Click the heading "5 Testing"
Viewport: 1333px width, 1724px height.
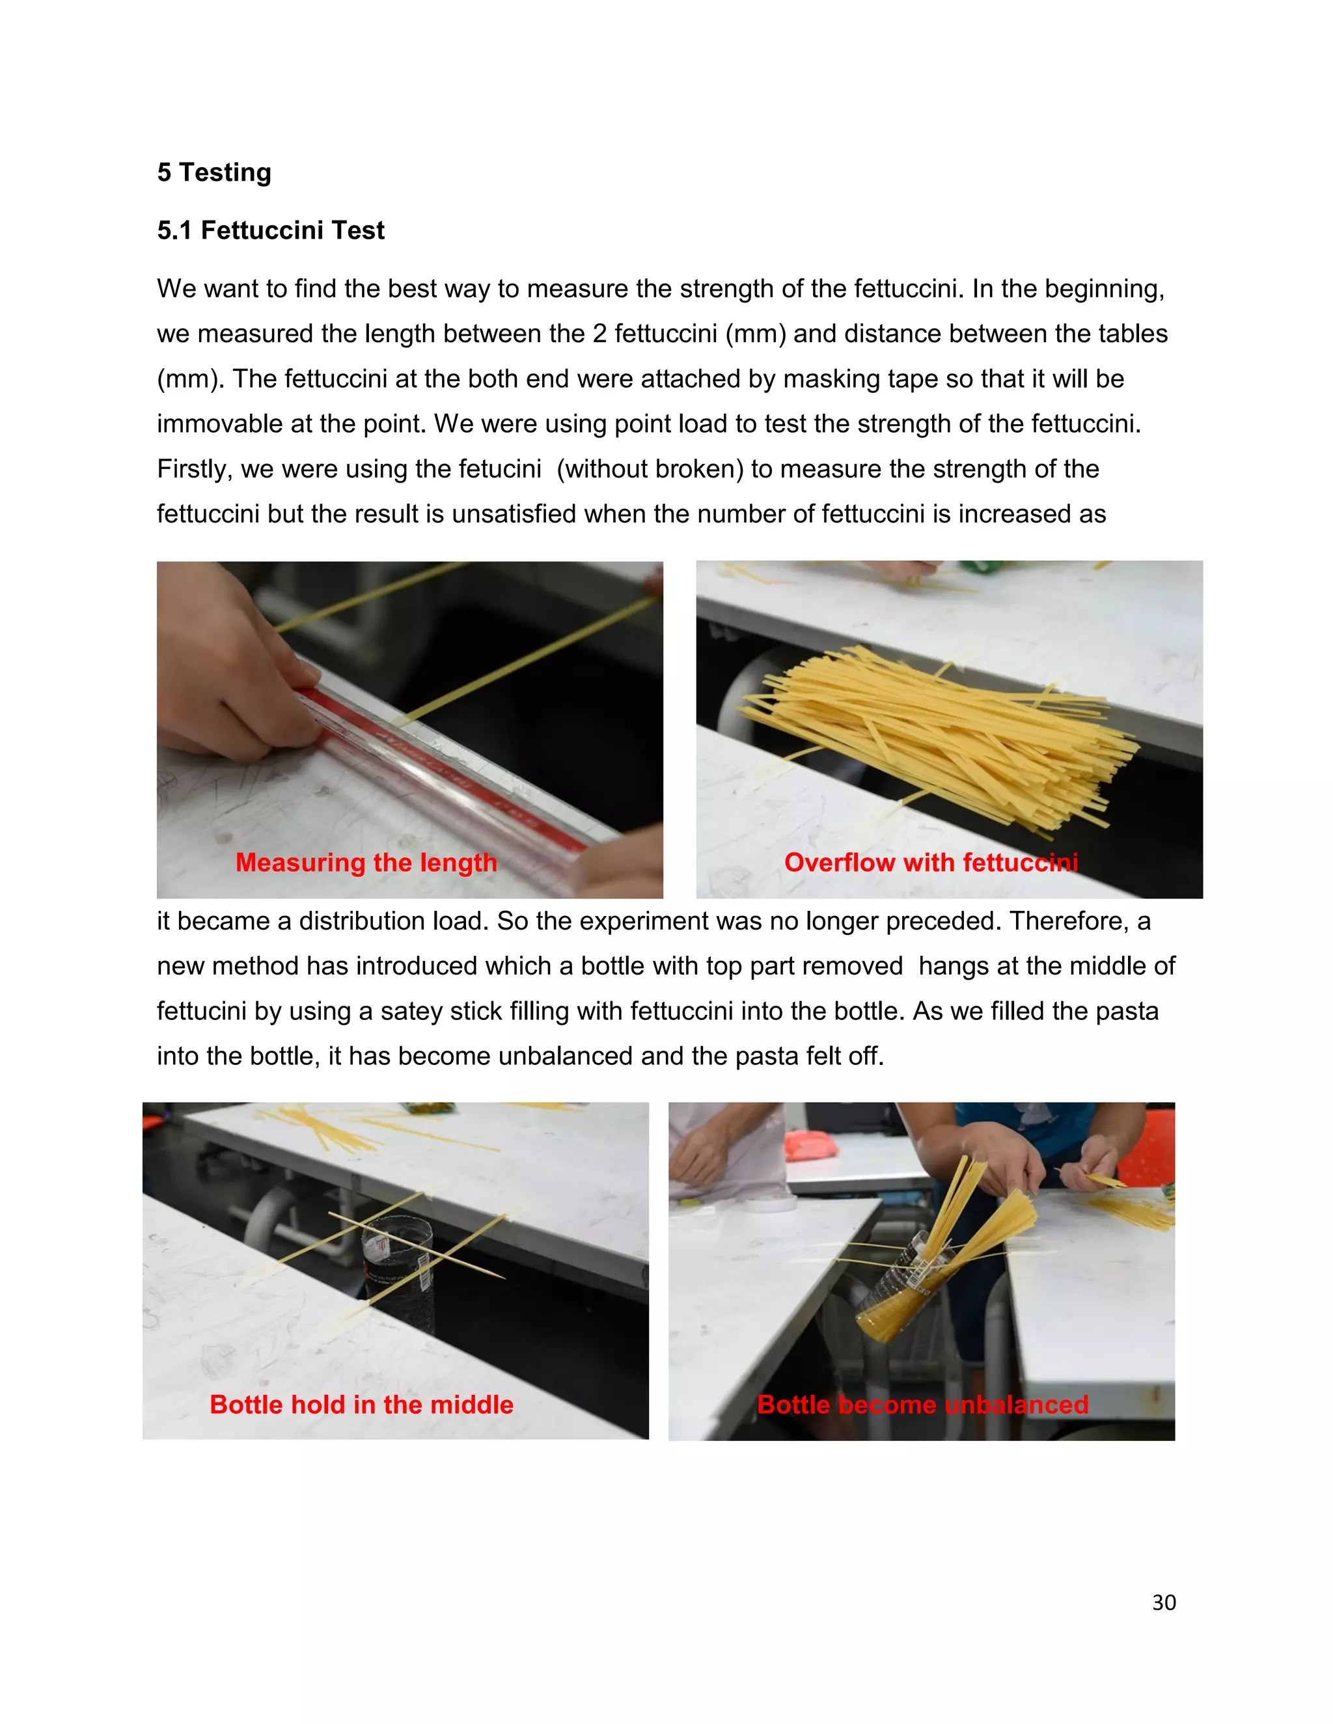click(x=214, y=172)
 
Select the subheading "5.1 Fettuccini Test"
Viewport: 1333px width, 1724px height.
click(x=270, y=230)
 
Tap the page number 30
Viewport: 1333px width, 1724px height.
click(x=1163, y=1602)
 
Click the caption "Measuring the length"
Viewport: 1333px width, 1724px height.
click(x=366, y=862)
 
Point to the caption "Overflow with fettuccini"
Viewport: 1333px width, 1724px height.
click(x=930, y=862)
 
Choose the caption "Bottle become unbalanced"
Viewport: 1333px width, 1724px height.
click(x=922, y=1405)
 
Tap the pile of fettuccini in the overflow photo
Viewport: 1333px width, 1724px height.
click(x=940, y=734)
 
